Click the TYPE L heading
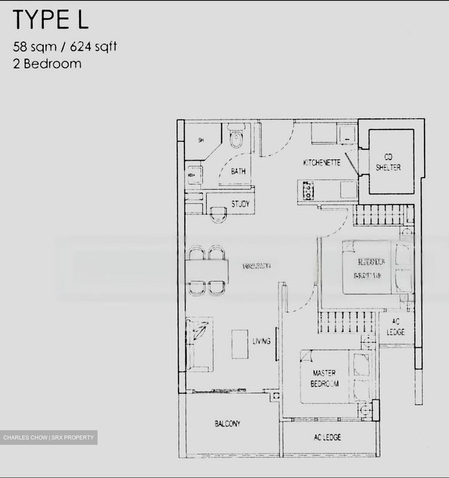coord(51,20)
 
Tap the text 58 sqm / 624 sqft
coord(65,46)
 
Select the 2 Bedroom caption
coord(47,63)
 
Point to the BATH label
coord(238,171)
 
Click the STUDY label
coord(240,204)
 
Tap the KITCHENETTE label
coord(322,163)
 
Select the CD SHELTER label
coord(388,162)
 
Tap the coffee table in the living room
coord(240,344)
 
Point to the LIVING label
coord(262,341)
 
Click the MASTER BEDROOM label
coord(325,378)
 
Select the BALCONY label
coord(227,424)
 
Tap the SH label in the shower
coord(200,140)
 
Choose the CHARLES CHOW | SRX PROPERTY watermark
coord(49,438)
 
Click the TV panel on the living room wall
coord(276,344)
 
